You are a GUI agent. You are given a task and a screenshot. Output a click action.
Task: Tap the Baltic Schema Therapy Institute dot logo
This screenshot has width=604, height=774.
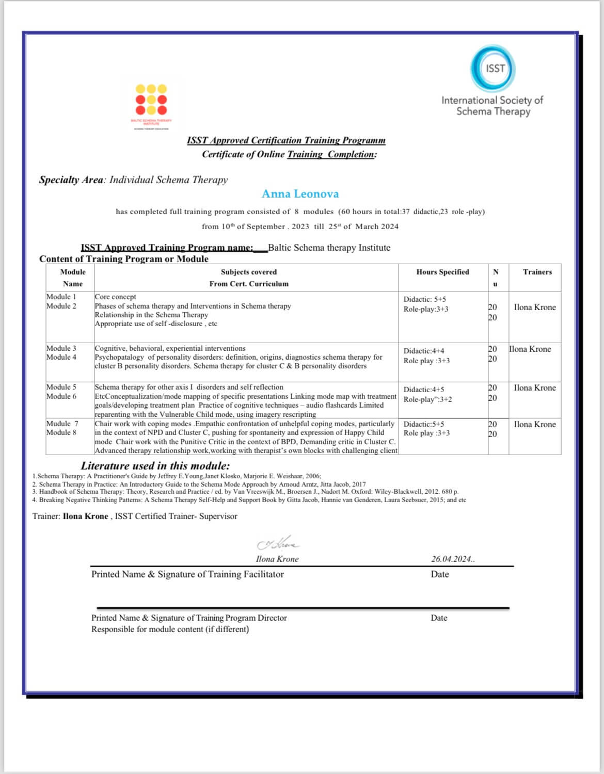point(151,100)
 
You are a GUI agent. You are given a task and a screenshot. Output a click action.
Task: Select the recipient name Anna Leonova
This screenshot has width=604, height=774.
point(300,194)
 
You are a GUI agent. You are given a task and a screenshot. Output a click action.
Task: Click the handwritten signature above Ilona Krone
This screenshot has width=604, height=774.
point(278,544)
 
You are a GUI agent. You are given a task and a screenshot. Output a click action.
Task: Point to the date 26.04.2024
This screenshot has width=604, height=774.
point(452,559)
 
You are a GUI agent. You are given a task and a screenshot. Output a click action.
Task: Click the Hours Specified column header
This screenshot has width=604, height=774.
point(442,272)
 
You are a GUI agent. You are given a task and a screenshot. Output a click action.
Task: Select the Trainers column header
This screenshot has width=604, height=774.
point(537,272)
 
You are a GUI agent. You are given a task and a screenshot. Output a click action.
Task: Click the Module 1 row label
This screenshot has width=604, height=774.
point(61,297)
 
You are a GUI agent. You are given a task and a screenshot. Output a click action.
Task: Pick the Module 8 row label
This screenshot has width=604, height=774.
point(61,432)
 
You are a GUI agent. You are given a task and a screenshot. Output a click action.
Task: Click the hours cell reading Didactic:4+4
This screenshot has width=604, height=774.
point(423,351)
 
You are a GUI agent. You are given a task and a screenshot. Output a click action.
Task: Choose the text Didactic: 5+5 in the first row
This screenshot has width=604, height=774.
point(425,299)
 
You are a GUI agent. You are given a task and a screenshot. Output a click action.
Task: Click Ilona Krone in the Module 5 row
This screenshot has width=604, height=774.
point(535,388)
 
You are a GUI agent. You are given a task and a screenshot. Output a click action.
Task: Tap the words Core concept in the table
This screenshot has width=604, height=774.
point(116,297)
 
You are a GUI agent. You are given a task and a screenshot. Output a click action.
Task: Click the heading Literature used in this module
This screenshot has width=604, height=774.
point(155,465)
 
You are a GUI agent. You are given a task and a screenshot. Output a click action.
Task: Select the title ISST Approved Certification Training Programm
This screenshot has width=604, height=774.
point(286,140)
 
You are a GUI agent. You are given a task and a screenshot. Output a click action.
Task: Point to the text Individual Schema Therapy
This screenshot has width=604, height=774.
point(168,180)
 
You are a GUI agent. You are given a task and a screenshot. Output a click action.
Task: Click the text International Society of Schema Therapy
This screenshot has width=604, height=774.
point(492,106)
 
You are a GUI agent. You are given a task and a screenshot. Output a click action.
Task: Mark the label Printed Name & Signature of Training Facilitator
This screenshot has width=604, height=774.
point(187,574)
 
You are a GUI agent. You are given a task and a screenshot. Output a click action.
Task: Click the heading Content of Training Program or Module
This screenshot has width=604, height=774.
point(124,259)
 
